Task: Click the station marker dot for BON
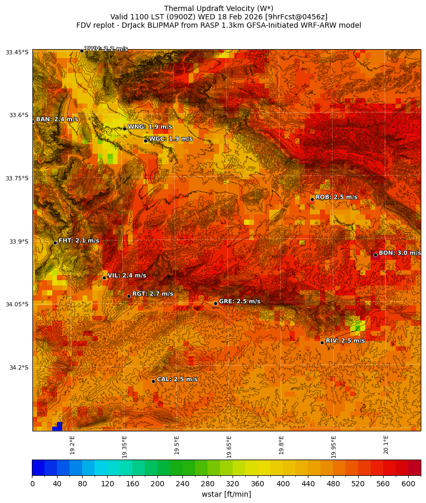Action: pos(375,255)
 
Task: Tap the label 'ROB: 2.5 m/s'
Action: pos(337,197)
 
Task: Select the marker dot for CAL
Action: pos(153,381)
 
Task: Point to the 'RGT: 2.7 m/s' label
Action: pos(153,294)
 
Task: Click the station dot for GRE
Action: pos(215,303)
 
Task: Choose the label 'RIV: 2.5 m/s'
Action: pos(345,340)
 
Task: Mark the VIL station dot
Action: pos(104,278)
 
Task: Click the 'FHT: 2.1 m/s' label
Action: pos(78,241)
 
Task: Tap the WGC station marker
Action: pos(145,141)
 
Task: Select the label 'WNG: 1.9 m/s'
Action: pos(150,127)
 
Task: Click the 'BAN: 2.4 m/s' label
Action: pos(57,119)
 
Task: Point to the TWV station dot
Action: pos(82,51)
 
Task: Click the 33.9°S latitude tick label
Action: pos(17,242)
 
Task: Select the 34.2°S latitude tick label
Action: pos(17,368)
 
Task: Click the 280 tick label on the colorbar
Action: pos(208,484)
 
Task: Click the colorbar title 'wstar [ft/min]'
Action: pos(226,494)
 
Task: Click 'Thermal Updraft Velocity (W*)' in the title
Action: pos(218,8)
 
